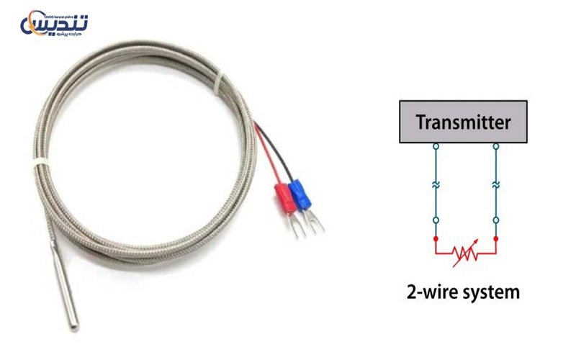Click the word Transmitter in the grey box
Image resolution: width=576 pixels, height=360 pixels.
(x=464, y=122)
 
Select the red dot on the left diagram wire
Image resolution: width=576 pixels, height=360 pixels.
(x=435, y=238)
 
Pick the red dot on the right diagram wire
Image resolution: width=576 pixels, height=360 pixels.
(x=496, y=238)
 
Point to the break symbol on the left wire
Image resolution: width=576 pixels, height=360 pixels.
(x=435, y=184)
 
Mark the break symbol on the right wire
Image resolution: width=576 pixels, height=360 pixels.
(x=496, y=184)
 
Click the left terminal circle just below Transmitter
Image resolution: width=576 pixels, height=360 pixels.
(x=435, y=146)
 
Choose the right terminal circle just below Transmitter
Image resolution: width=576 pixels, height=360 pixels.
(x=496, y=146)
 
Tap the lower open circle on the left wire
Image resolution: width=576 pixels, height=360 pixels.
(x=435, y=219)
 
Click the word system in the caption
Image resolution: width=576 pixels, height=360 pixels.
(x=489, y=294)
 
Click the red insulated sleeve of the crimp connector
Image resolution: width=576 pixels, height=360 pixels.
(x=284, y=197)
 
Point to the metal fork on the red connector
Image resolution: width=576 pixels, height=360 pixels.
(x=292, y=224)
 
